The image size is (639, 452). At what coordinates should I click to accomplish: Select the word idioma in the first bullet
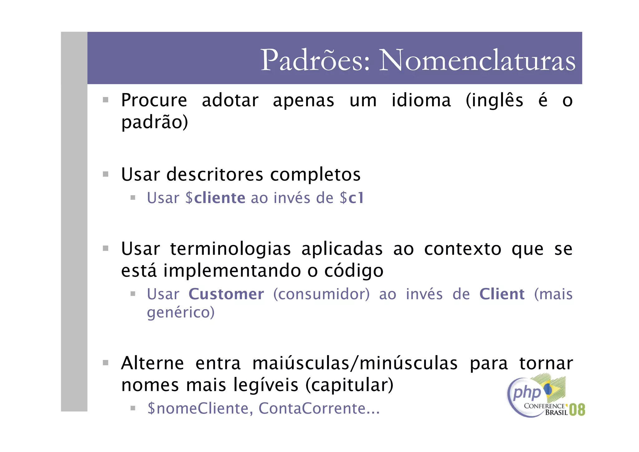click(x=421, y=101)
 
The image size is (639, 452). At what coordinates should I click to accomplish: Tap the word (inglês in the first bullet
click(x=494, y=101)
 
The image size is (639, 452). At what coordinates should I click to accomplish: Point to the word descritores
click(x=215, y=174)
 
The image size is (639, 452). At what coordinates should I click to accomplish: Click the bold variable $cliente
click(x=215, y=198)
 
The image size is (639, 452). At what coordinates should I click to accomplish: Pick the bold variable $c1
click(x=352, y=198)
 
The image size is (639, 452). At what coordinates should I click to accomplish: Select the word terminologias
click(x=231, y=249)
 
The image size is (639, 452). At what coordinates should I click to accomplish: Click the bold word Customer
click(x=226, y=294)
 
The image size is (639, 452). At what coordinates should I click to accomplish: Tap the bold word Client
click(x=502, y=294)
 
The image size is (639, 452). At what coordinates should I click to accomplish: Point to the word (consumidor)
click(x=321, y=294)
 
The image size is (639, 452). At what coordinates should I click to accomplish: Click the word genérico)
click(x=181, y=312)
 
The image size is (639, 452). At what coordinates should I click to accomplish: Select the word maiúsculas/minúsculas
click(x=355, y=363)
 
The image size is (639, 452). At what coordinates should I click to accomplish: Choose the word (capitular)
click(x=349, y=385)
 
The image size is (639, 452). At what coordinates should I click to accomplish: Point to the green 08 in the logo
click(x=577, y=410)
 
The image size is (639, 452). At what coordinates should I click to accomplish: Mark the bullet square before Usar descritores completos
click(x=106, y=174)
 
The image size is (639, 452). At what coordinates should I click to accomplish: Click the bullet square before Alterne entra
click(x=106, y=363)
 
